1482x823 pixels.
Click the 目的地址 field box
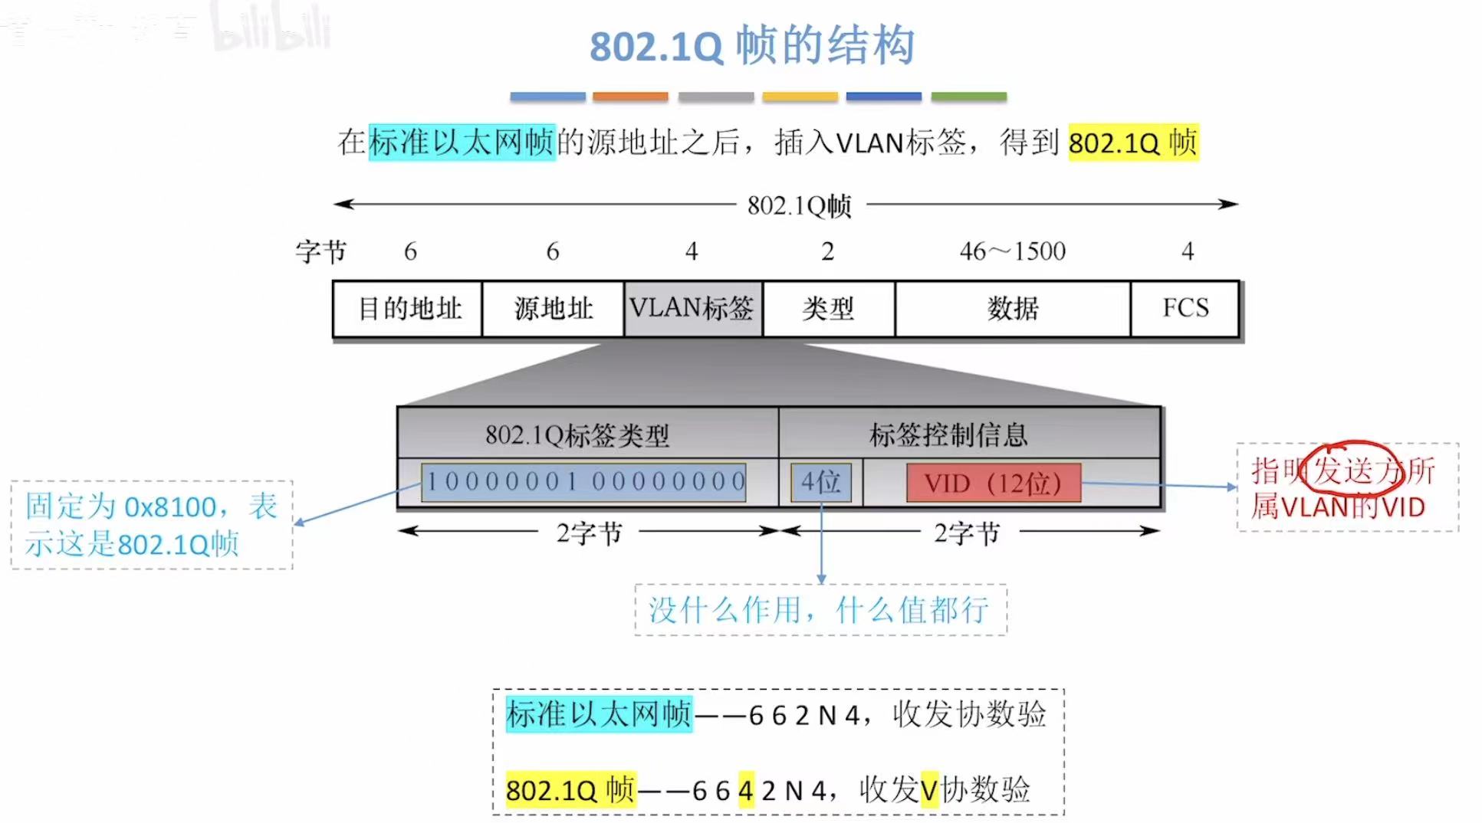[408, 309]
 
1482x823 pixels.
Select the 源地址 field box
[553, 309]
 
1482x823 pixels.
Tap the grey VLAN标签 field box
[693, 309]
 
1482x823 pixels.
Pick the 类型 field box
[828, 309]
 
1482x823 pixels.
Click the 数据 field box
[1012, 309]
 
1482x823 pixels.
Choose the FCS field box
[1185, 309]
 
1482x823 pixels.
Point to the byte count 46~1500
[1012, 251]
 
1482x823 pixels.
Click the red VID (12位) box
[993, 483]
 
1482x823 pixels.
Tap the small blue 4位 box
[821, 483]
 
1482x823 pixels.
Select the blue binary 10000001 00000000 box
[583, 482]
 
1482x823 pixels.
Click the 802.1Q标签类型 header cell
[577, 435]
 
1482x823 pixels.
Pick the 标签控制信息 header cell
[948, 435]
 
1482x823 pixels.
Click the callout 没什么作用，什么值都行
[820, 610]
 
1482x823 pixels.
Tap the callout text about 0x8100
[151, 525]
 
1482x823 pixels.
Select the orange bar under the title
[630, 97]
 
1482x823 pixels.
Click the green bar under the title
[968, 97]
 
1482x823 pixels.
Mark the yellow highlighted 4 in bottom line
[746, 789]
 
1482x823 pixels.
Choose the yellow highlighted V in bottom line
[928, 789]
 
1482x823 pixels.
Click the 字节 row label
[320, 251]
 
